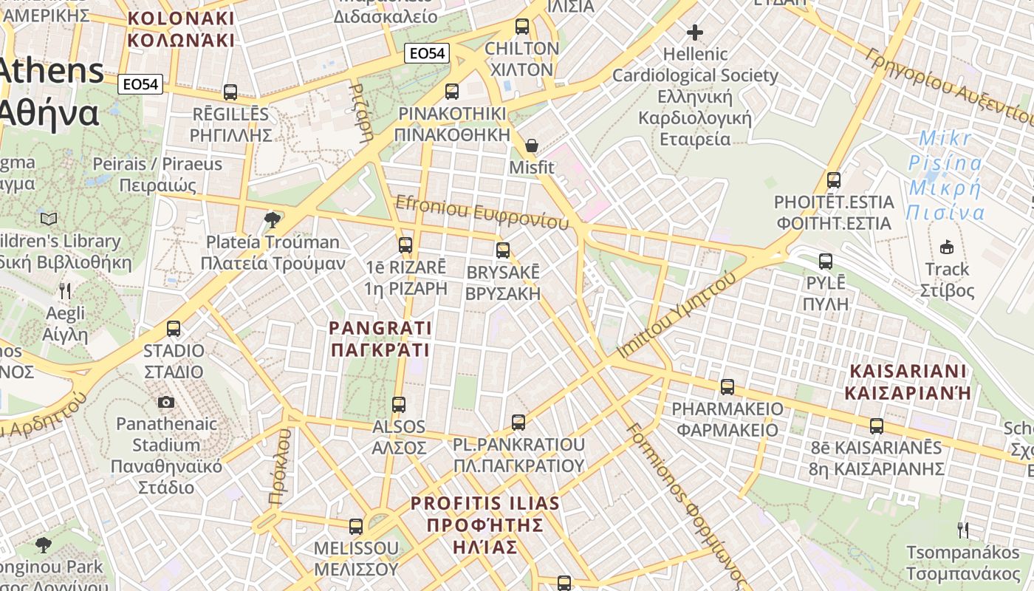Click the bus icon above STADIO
174,329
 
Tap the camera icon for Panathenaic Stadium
166,402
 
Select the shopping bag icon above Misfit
531,146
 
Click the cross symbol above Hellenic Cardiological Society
694,33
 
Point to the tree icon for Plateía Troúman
273,219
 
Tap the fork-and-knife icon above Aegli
65,291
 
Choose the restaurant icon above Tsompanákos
962,530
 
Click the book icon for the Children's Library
49,219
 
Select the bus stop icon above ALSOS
399,404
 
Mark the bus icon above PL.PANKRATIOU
518,423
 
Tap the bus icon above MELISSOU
356,527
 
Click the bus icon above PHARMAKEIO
727,386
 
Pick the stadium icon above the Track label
946,247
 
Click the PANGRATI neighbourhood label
380,338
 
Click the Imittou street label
676,315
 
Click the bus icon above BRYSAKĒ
503,250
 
